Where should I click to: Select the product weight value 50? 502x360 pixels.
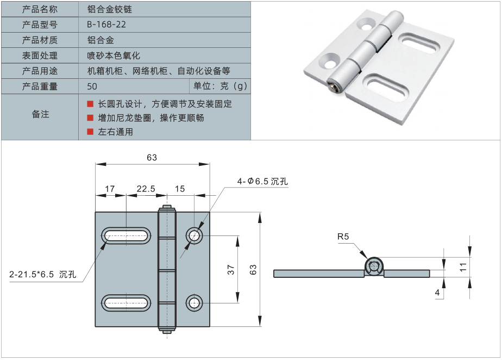tap(92, 86)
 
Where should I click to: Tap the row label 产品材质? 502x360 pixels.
tap(40, 40)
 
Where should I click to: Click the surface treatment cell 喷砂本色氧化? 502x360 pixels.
tap(114, 55)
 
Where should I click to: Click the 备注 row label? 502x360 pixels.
tap(40, 114)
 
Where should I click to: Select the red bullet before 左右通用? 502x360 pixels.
tap(90, 132)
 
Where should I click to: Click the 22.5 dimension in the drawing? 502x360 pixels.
tap(146, 189)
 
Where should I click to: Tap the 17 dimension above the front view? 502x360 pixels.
tap(110, 189)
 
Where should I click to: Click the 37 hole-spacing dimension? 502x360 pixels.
tap(230, 269)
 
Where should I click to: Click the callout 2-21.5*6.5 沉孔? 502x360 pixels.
tap(42, 275)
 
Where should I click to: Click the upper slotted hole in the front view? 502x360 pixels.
tap(126, 235)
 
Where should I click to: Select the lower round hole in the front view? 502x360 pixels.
tap(194, 302)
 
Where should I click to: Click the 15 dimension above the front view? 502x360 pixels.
tap(180, 189)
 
